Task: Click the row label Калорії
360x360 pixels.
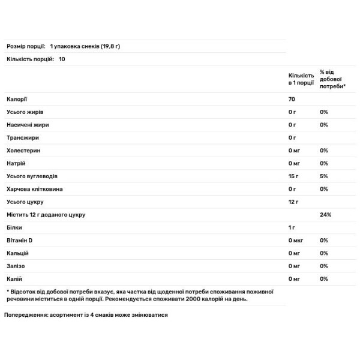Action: click(x=17, y=99)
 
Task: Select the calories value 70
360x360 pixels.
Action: click(x=292, y=99)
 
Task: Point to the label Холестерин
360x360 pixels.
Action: click(x=23, y=151)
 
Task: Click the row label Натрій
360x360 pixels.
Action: click(x=16, y=163)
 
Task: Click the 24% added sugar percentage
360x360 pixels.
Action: click(x=326, y=215)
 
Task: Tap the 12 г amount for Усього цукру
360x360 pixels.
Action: click(x=293, y=202)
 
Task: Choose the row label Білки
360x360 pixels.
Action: click(x=14, y=228)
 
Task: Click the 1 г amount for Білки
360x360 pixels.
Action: click(x=292, y=228)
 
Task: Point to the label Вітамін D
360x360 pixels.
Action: click(x=20, y=241)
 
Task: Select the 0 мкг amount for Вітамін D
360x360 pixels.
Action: click(x=295, y=241)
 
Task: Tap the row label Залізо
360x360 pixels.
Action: click(x=17, y=266)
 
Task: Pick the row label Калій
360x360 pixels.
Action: click(x=15, y=278)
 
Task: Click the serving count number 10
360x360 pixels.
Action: click(x=62, y=58)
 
